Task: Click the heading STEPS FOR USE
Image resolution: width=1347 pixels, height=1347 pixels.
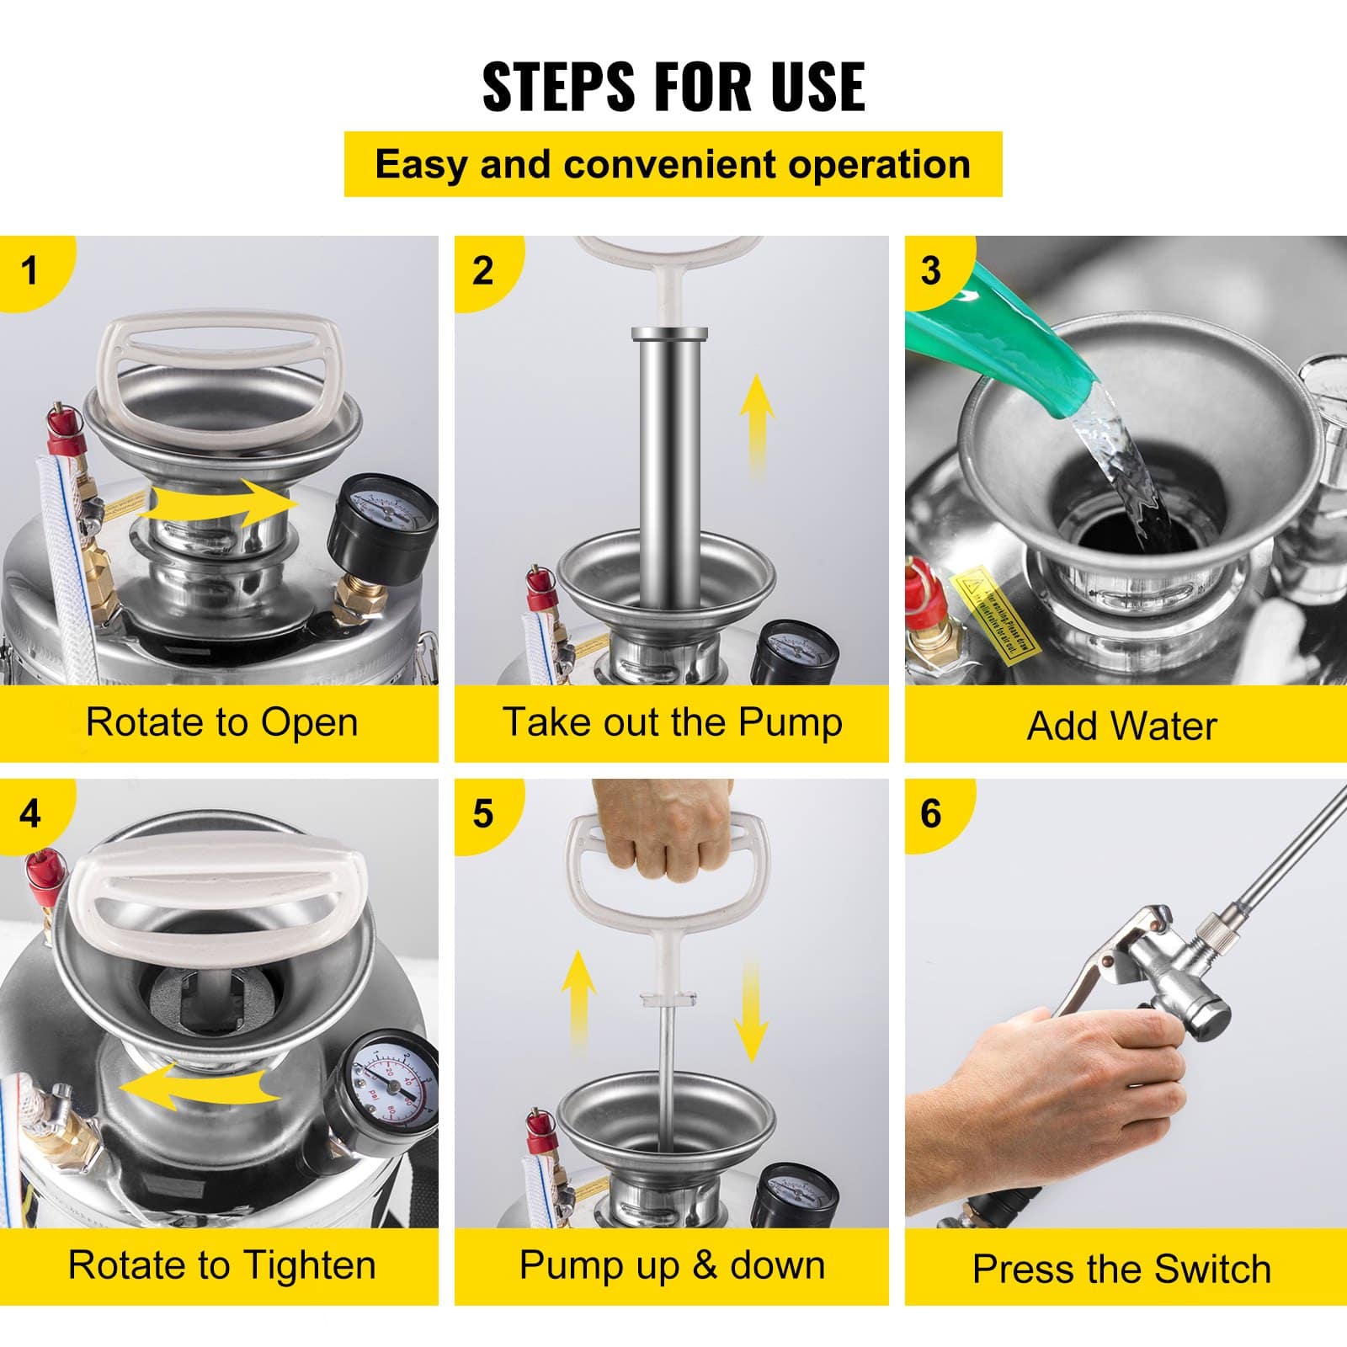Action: (673, 86)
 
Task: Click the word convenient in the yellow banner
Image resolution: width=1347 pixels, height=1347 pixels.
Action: (673, 164)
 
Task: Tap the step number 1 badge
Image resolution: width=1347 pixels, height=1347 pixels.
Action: (30, 271)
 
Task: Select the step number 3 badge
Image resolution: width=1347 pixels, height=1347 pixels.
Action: (930, 271)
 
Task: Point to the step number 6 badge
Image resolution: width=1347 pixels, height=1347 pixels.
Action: (930, 814)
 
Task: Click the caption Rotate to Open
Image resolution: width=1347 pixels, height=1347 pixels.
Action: (221, 722)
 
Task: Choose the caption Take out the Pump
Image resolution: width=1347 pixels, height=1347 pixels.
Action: (672, 722)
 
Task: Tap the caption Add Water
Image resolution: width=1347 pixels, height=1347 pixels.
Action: (1121, 726)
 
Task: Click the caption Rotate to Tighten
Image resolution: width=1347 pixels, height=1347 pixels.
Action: (221, 1265)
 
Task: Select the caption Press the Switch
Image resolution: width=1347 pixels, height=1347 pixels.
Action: (1121, 1269)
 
